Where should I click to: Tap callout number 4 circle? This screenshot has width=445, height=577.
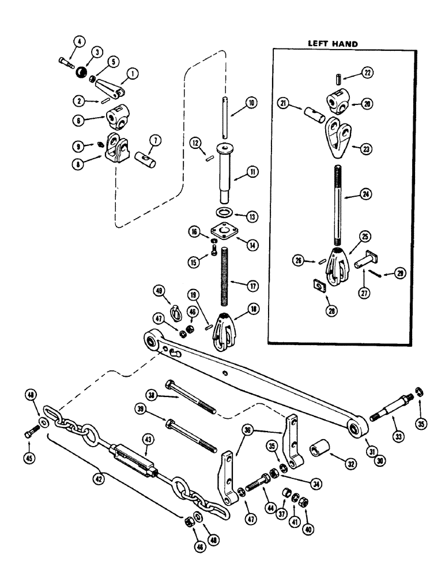point(78,42)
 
